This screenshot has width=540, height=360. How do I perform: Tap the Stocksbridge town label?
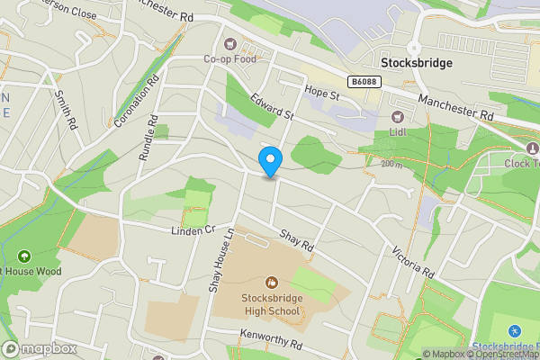tap(416, 64)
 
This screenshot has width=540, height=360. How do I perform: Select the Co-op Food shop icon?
tap(229, 44)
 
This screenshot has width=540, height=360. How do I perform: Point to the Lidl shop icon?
tap(397, 115)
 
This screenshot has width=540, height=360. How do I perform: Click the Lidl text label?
tap(397, 131)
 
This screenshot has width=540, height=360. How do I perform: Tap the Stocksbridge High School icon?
tap(271, 283)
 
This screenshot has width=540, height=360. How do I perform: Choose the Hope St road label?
tap(321, 93)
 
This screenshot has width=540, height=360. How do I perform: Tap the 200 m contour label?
tap(391, 164)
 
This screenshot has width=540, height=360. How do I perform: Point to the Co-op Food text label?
tap(229, 59)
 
